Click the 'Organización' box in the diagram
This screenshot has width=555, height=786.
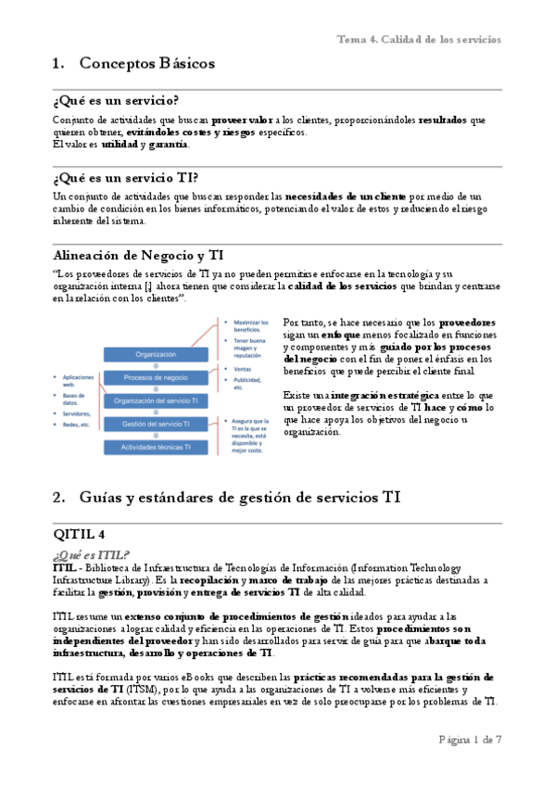click(x=156, y=354)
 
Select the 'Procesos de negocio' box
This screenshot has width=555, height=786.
click(x=156, y=377)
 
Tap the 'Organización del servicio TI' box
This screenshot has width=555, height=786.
click(x=156, y=400)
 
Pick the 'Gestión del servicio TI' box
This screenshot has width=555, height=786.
click(x=156, y=424)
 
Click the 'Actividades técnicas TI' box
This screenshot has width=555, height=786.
click(x=156, y=447)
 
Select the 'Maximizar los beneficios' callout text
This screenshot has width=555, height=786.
click(x=250, y=323)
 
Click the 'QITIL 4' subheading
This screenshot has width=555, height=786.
click(x=82, y=534)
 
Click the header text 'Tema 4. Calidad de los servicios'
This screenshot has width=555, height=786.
click(x=419, y=39)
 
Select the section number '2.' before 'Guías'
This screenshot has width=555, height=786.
click(x=59, y=497)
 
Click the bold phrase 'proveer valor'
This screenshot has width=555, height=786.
click(x=243, y=120)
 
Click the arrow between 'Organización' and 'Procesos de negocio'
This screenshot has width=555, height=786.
click(x=156, y=365)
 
